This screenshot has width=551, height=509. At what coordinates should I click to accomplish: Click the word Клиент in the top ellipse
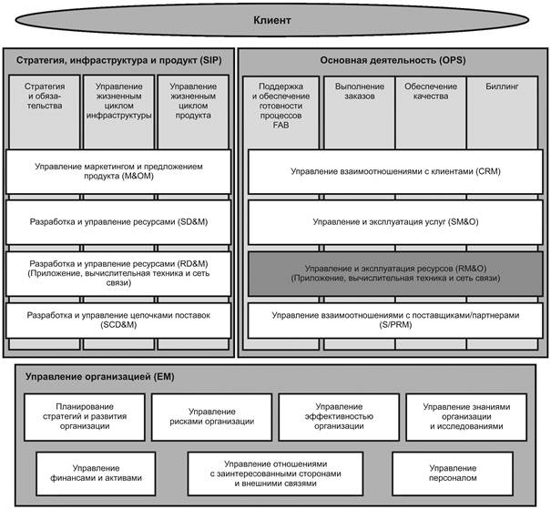coord(272,20)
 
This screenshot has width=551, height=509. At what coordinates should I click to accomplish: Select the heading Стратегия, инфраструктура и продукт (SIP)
coord(118,60)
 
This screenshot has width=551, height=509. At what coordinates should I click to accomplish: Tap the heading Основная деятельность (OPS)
coord(393,60)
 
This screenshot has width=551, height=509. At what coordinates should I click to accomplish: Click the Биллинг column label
coord(502,87)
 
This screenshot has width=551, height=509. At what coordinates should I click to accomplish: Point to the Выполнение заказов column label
coord(359,91)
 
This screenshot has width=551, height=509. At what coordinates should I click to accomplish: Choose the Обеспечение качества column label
coord(431,91)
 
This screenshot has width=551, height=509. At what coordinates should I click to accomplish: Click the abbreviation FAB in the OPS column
coord(281,125)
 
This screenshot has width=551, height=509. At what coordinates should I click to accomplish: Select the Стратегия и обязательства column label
coord(45,96)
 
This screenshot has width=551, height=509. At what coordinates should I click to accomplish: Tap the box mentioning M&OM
coord(118,171)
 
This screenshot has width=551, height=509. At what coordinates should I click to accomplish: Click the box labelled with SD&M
coord(118,222)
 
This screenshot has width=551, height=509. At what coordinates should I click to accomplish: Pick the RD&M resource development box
coord(118,274)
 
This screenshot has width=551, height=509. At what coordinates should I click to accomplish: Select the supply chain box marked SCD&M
coord(118,321)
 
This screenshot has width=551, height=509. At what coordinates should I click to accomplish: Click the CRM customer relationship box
coord(395,171)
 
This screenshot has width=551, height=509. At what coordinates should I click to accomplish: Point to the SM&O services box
coord(395,222)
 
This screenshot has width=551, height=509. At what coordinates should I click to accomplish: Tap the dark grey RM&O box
coord(395,274)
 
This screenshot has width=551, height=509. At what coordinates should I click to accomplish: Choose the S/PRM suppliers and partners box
coord(395,321)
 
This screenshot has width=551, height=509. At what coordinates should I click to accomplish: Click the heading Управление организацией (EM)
coord(100,377)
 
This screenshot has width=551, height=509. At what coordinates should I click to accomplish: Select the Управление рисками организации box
coord(212,417)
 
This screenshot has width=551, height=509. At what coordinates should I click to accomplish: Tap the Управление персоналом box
coord(453,473)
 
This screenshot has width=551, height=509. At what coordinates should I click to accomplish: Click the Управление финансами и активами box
coord(96,473)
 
